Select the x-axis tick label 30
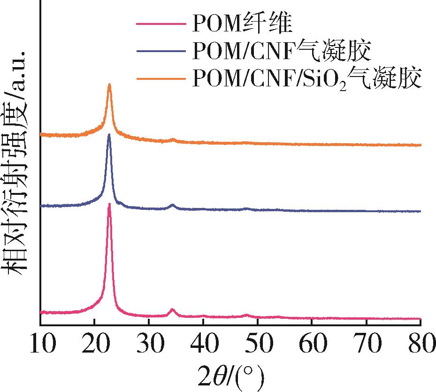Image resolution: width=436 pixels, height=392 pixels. [149, 345]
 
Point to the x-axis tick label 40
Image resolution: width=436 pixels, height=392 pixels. [203, 345]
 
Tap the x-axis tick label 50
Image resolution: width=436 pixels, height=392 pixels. [258, 345]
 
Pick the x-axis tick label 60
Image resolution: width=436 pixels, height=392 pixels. [312, 345]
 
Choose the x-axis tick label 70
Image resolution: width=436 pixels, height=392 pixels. [367, 345]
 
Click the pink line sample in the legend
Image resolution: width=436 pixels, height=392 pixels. [161, 23]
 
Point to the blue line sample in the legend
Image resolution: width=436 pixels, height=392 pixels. [161, 50]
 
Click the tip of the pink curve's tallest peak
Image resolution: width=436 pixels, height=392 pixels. [109, 204]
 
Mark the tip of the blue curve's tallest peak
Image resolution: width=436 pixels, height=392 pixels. [109, 135]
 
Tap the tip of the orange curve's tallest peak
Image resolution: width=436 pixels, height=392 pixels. [109, 85]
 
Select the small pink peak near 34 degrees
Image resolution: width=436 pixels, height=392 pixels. [172, 309]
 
